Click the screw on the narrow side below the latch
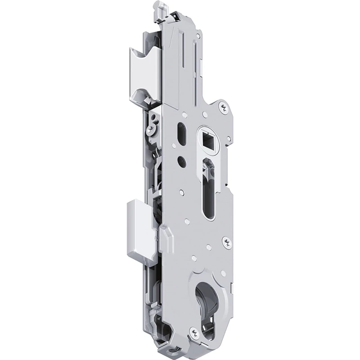click(x=150, y=131)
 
